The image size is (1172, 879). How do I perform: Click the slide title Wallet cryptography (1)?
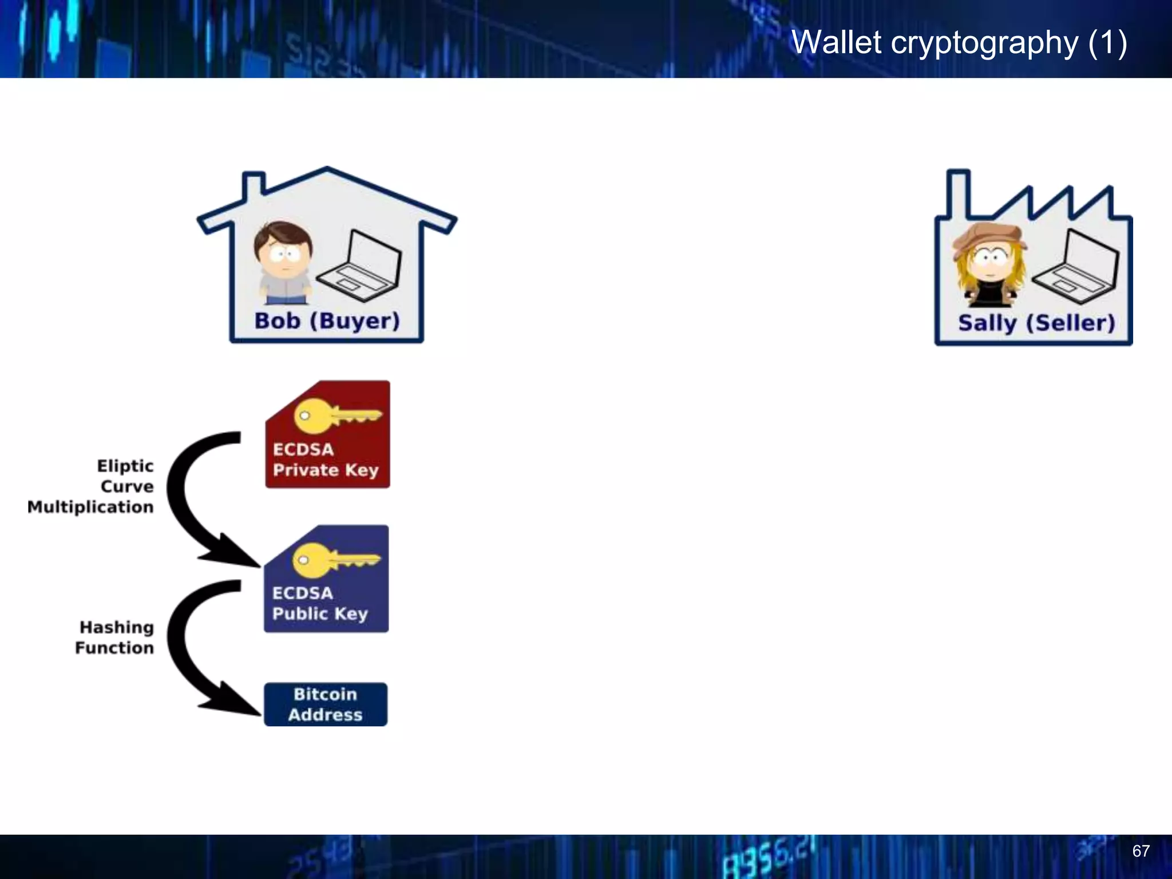click(x=959, y=43)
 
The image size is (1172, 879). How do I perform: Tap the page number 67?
click(x=1141, y=851)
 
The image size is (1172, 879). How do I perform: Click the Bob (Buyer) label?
click(x=327, y=321)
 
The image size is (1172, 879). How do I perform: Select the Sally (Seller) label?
click(x=1036, y=323)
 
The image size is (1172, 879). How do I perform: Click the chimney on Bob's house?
click(x=254, y=186)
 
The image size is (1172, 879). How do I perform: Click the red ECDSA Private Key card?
click(x=327, y=435)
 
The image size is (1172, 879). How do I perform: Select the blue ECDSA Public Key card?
click(x=326, y=579)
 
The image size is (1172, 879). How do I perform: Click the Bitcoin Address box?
click(x=325, y=704)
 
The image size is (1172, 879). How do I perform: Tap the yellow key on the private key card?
click(x=336, y=415)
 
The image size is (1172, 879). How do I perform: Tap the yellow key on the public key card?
click(x=335, y=560)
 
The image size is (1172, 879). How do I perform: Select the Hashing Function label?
click(x=115, y=638)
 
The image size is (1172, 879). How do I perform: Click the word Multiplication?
click(x=90, y=508)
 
